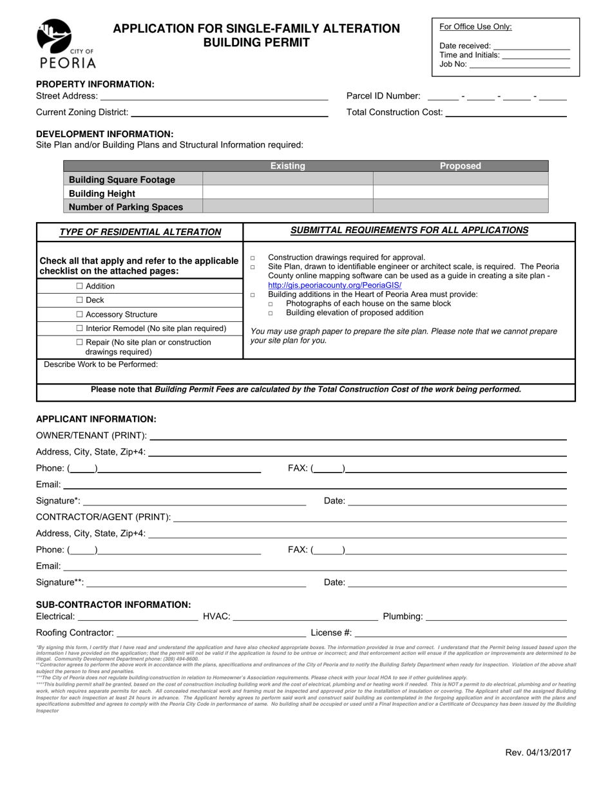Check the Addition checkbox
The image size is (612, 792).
[x=80, y=286]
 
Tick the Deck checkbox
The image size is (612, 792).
[x=80, y=300]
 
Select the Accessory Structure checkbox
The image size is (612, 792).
[x=80, y=314]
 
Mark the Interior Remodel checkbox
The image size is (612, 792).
[x=80, y=328]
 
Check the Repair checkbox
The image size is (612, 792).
[x=80, y=342]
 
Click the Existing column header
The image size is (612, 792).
[x=287, y=166]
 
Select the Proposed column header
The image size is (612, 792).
[x=460, y=166]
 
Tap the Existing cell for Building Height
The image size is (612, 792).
[x=287, y=193]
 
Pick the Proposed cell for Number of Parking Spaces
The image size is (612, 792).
[x=460, y=207]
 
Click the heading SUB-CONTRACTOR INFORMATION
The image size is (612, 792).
[x=113, y=605]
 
